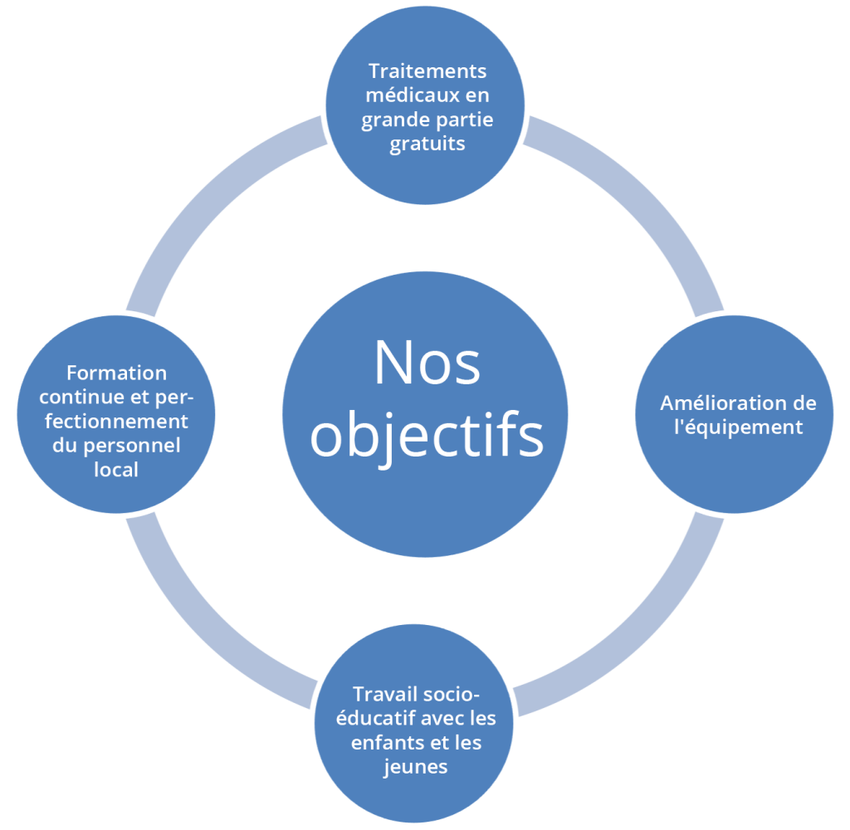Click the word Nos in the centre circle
tap(427, 363)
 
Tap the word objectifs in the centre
tap(427, 437)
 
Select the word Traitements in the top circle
tap(427, 71)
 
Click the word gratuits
tap(427, 144)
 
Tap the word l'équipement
tap(737, 427)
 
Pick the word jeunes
tap(416, 766)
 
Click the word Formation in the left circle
tap(116, 373)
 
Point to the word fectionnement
tap(116, 421)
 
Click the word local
tap(116, 469)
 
